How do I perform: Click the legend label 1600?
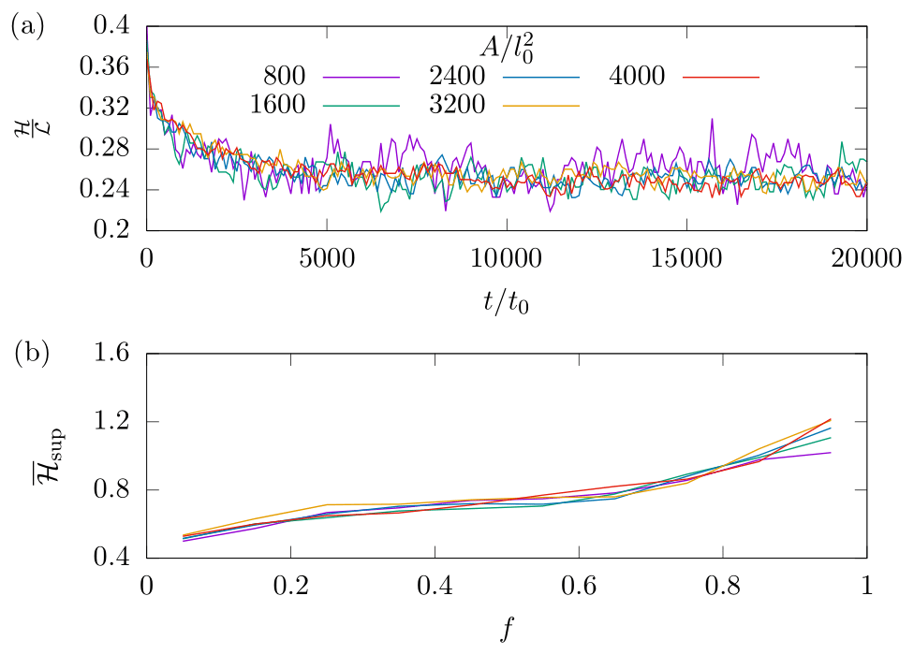coord(278,104)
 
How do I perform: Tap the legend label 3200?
coord(458,104)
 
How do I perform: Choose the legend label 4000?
coord(637,76)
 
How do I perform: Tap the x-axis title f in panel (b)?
coord(507,630)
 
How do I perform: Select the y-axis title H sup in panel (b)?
coord(28,456)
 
